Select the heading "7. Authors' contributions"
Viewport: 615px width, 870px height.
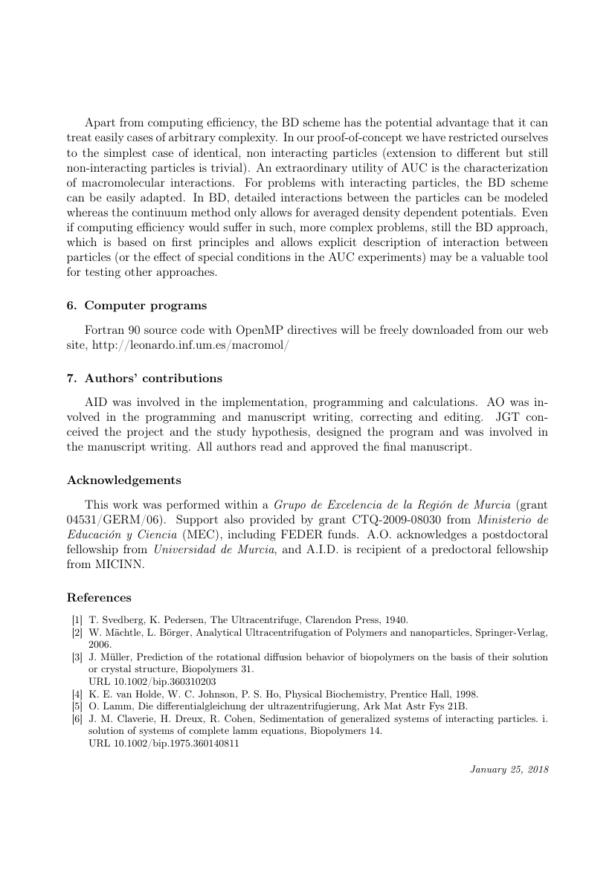[144, 378]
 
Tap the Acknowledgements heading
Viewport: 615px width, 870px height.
[123, 480]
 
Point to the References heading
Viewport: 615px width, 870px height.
[99, 597]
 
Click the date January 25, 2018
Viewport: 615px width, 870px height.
[509, 770]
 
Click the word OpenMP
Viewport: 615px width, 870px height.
[259, 332]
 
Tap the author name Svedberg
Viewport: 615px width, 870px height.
[118, 619]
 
